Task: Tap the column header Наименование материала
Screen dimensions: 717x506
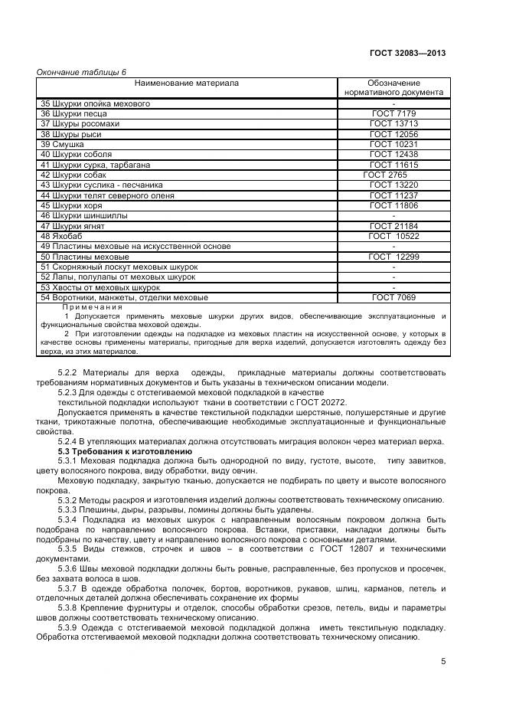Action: [x=187, y=83]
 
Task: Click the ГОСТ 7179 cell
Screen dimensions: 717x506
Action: [x=393, y=113]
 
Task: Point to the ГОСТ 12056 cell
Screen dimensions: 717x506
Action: [x=393, y=134]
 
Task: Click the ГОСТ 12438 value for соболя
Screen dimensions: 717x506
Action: [x=393, y=155]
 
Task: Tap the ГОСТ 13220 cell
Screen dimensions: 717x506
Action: [x=393, y=185]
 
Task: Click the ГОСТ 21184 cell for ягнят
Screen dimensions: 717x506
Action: [x=393, y=226]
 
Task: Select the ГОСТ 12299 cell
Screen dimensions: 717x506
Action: [x=393, y=257]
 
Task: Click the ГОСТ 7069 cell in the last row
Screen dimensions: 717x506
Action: [x=394, y=298]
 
